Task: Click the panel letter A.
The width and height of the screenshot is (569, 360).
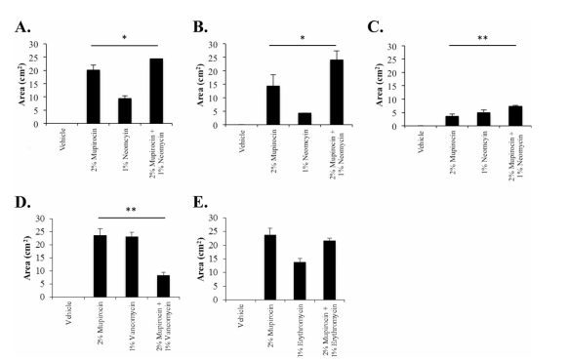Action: point(22,26)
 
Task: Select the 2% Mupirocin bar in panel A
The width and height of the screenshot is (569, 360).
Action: point(94,97)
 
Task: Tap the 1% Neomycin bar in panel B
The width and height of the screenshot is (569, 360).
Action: point(305,119)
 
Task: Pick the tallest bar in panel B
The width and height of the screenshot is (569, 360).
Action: point(337,92)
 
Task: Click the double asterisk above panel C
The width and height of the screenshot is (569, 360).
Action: point(482,38)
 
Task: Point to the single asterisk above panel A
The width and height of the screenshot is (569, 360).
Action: point(125,37)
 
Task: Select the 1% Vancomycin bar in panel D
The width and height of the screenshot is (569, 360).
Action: point(132,266)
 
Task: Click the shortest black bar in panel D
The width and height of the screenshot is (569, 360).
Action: point(163,286)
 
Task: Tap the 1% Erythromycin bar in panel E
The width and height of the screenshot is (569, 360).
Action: point(300,281)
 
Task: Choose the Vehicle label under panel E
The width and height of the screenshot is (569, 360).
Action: point(241,316)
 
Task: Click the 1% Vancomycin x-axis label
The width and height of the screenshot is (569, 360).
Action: point(133,322)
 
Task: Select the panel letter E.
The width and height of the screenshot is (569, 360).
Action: point(200,202)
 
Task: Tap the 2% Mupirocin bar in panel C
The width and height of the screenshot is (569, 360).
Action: point(452,121)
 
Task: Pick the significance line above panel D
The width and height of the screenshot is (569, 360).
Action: point(132,218)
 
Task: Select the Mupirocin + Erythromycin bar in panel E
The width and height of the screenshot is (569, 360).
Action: point(330,270)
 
